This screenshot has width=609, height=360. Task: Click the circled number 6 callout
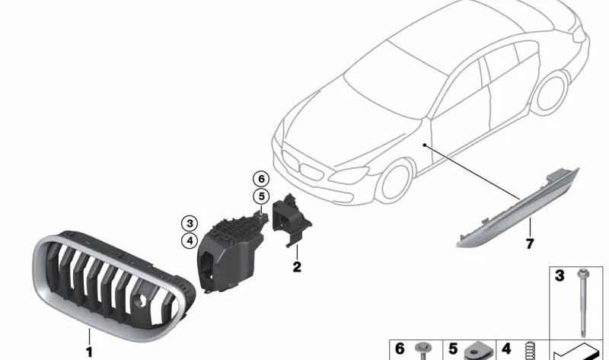pos(261,179)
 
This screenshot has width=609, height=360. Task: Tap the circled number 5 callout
pos(261,196)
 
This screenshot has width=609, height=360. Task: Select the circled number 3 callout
pos(190,224)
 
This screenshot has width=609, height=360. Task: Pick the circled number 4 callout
pos(190,241)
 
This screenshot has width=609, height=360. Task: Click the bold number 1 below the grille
pos(89,352)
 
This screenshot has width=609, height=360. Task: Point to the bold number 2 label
pos(297,267)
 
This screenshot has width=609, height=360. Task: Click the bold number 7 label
pos(530,244)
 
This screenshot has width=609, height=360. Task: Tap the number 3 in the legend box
pos(560,276)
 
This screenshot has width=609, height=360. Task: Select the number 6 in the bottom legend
pos(400,349)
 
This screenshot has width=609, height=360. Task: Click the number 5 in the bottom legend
pos(453,349)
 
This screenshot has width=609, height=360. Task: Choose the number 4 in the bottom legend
pos(506,349)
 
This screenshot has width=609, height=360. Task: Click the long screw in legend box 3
pos(583,303)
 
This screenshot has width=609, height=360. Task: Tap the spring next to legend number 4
pos(528,351)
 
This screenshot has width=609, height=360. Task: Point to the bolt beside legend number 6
pos(422,351)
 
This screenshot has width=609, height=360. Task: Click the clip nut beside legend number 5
pos(479,352)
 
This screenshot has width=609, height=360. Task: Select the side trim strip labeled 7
pos(518,208)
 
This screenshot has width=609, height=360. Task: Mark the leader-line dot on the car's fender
pos(425,145)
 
